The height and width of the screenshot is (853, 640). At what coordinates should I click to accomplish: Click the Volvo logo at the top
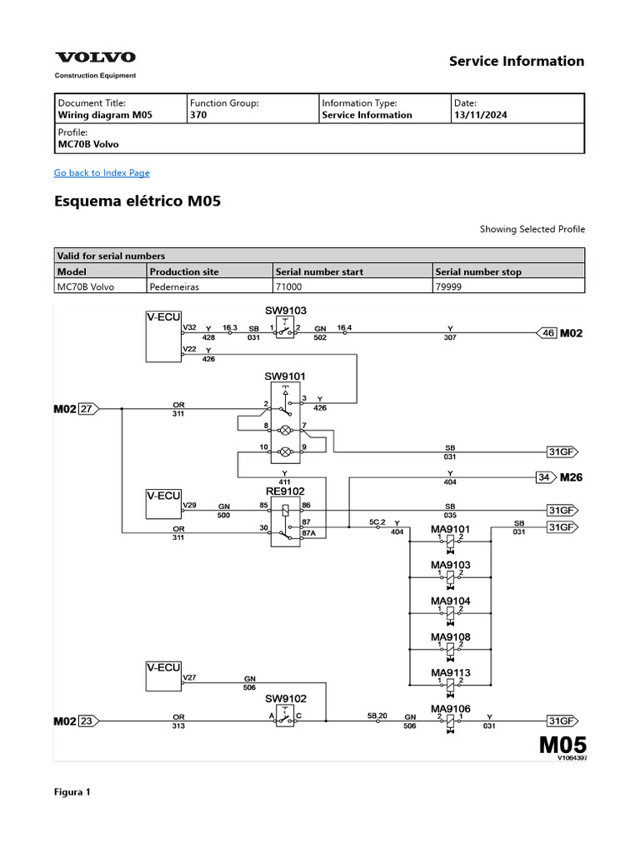[x=95, y=57]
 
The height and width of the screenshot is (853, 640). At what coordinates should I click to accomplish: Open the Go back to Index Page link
[x=102, y=172]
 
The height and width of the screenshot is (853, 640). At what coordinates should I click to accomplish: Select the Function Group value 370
[x=198, y=116]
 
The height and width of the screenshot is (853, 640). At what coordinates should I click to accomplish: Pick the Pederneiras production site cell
[x=174, y=287]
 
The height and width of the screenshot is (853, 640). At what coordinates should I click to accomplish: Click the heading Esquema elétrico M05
[x=137, y=202]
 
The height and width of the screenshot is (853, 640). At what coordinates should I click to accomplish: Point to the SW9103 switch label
[x=286, y=311]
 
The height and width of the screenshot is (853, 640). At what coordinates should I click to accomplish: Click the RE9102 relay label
[x=286, y=491]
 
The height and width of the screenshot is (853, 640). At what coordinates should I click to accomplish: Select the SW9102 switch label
[x=286, y=698]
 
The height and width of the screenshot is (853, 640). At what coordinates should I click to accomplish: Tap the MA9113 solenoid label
[x=450, y=673]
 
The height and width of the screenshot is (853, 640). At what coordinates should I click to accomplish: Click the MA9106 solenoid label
[x=450, y=709]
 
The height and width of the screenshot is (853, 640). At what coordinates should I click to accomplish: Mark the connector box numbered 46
[x=547, y=333]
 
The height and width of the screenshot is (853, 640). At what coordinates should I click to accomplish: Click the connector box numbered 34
[x=545, y=477]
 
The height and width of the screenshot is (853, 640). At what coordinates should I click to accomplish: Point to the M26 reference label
[x=571, y=477]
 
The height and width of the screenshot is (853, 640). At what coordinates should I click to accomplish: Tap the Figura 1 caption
[x=72, y=792]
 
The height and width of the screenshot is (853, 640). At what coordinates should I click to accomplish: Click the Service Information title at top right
[x=517, y=61]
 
